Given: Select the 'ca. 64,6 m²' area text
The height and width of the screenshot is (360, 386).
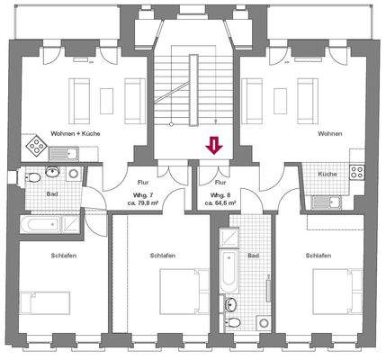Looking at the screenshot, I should pyautogui.click(x=220, y=203).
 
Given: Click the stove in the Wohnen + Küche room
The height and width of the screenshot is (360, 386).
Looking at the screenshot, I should pyautogui.click(x=37, y=146).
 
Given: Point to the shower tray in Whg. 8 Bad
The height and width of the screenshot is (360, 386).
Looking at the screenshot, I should pyautogui.click(x=229, y=237).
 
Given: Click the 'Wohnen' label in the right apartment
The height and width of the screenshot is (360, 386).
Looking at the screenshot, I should pyautogui.click(x=330, y=132).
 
